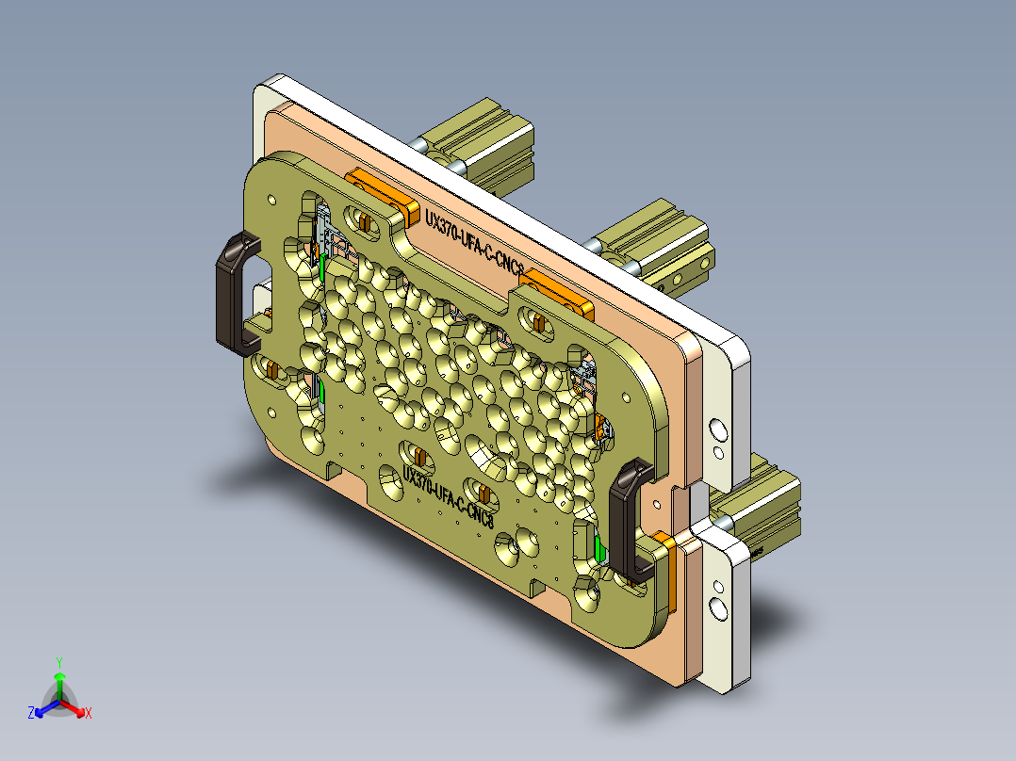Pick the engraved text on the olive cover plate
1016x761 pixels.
pyautogui.click(x=448, y=494)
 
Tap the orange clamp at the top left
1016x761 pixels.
pyautogui.click(x=382, y=193)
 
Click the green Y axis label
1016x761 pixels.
pyautogui.click(x=58, y=662)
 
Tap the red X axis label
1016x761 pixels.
pyautogui.click(x=89, y=714)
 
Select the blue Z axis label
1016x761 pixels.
pyautogui.click(x=31, y=714)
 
